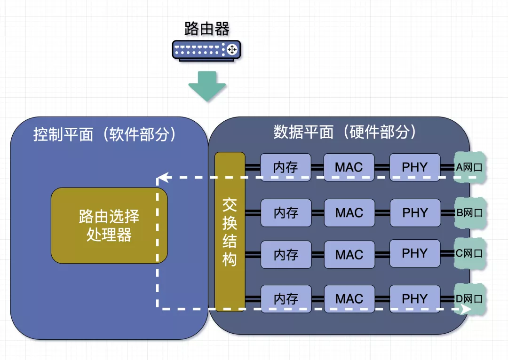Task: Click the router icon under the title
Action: coord(206,50)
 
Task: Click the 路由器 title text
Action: coord(207,29)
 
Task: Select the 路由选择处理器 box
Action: coord(109,225)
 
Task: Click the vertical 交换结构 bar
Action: coord(230,232)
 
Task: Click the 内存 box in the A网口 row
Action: coord(286,167)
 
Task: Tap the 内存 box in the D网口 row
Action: coord(286,299)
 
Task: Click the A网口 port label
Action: coord(469,167)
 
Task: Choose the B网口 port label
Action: coord(469,213)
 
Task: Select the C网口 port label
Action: coord(469,254)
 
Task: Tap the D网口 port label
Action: coord(469,298)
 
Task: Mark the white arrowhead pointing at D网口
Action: coord(467,309)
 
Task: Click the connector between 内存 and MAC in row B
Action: coord(317,213)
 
